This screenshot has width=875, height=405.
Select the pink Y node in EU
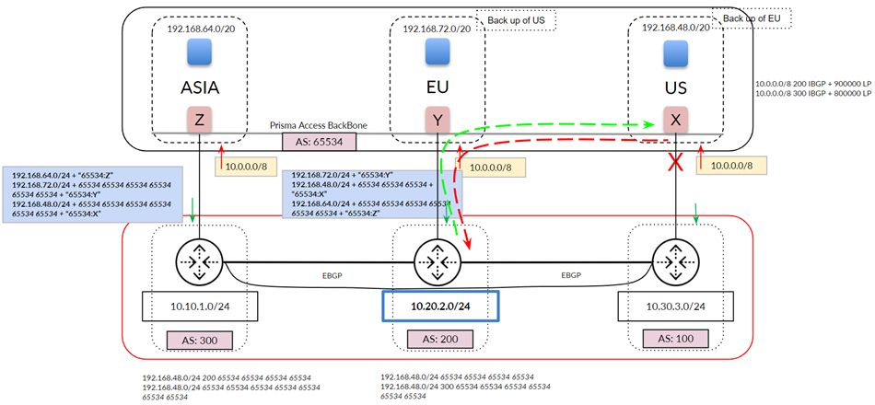pyautogui.click(x=437, y=120)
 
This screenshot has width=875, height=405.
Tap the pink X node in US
pyautogui.click(x=675, y=120)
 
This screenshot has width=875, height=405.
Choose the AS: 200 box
pyautogui.click(x=437, y=339)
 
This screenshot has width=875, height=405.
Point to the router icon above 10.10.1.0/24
pyautogui.click(x=200, y=262)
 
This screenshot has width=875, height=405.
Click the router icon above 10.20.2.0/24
pyautogui.click(x=437, y=262)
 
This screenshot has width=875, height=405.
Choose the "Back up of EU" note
pyautogui.click(x=752, y=17)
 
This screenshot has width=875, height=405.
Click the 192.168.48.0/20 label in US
pyautogui.click(x=675, y=29)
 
